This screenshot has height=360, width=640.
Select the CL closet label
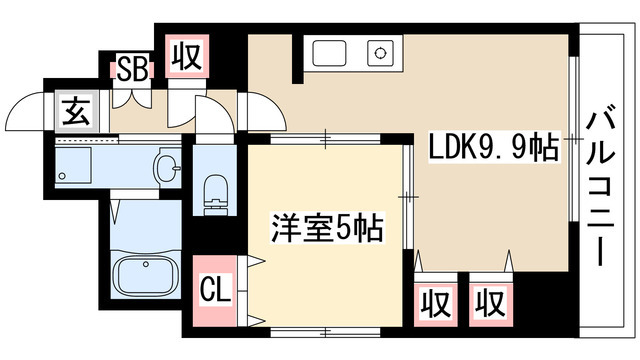tap(215, 292)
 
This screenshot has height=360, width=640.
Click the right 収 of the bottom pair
tap(489, 299)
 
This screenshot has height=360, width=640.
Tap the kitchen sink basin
tap(330, 50)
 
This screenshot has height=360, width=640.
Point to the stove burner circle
tap(379, 50)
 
